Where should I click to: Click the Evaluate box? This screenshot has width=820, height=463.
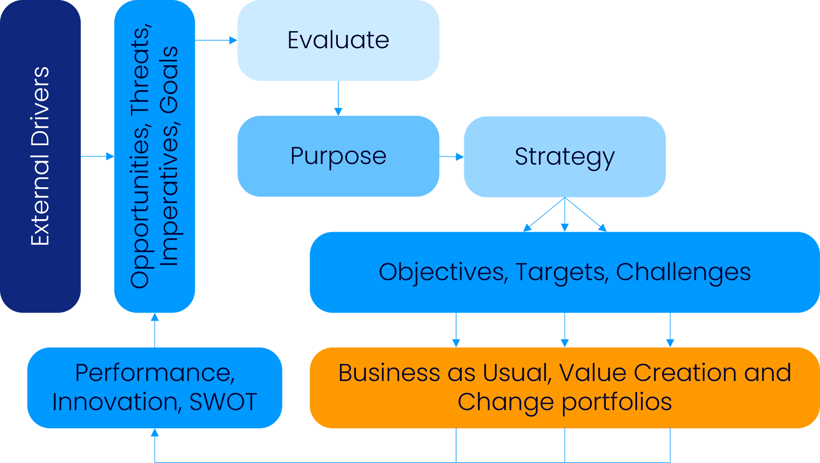(x=338, y=40)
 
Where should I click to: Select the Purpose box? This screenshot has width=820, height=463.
(x=338, y=156)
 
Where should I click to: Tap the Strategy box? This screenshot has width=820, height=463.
(x=565, y=156)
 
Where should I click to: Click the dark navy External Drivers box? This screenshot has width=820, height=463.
(x=41, y=156)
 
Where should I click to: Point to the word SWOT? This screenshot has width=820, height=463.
(x=223, y=402)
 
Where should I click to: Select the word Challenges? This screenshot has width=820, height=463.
(x=683, y=272)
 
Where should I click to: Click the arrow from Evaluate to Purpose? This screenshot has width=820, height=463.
(x=338, y=98)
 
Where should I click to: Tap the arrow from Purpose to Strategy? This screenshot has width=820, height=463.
(x=452, y=157)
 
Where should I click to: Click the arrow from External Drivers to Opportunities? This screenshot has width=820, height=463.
(x=97, y=156)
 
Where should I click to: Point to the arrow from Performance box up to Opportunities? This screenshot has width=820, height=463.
(x=155, y=330)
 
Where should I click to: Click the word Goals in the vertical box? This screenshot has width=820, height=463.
(x=169, y=80)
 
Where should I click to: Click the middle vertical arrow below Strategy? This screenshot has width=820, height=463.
(x=565, y=215)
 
